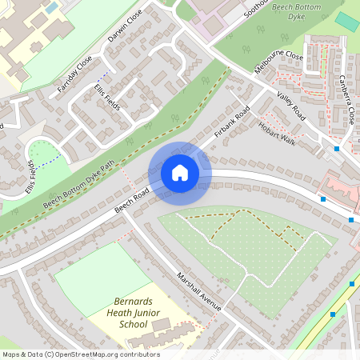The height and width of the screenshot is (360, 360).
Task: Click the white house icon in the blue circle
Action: [x=180, y=173]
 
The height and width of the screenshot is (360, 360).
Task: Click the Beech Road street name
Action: [x=133, y=200]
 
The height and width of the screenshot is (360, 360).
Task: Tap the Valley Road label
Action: [x=292, y=103]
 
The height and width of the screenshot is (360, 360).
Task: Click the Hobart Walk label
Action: [x=276, y=131]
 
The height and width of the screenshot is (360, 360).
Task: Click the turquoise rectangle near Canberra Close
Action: [x=346, y=22]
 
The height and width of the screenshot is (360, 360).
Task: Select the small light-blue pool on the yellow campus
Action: [x=51, y=7]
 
